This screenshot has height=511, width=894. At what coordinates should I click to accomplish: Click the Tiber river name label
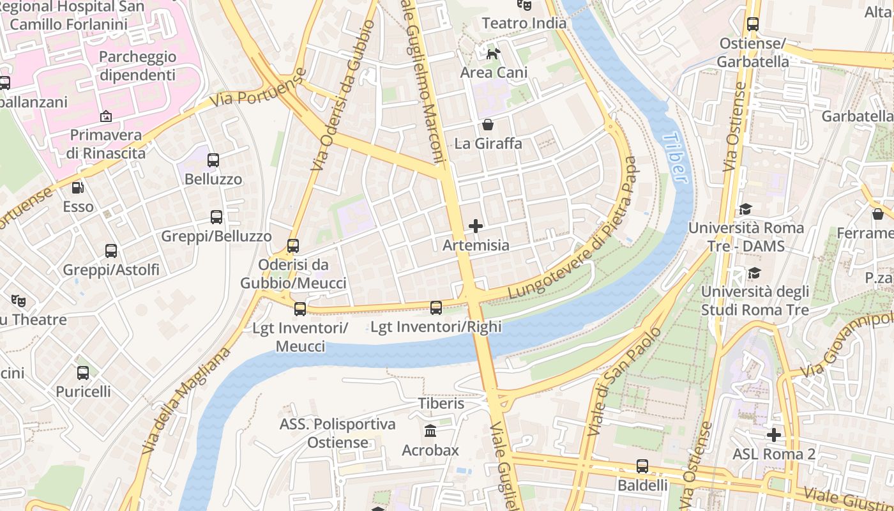pyautogui.click(x=676, y=157)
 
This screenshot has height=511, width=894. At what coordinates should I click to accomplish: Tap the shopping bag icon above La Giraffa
pyautogui.click(x=488, y=125)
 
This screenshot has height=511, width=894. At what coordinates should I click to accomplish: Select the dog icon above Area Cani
pyautogui.click(x=493, y=54)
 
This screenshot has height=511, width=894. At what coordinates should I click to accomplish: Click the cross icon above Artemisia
pyautogui.click(x=476, y=226)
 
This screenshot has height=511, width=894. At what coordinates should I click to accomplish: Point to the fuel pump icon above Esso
pyautogui.click(x=77, y=188)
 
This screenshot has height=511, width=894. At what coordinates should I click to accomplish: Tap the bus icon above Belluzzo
pyautogui.click(x=213, y=160)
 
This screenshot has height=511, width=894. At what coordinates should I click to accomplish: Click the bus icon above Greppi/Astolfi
pyautogui.click(x=111, y=251)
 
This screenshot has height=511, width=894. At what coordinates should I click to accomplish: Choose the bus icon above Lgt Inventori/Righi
pyautogui.click(x=436, y=308)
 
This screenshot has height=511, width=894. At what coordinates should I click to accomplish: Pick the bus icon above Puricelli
pyautogui.click(x=83, y=373)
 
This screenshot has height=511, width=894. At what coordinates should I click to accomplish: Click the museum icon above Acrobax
pyautogui.click(x=430, y=431)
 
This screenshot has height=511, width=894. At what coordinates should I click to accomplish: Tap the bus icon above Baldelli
pyautogui.click(x=642, y=466)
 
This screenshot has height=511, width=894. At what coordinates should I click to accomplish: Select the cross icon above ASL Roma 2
pyautogui.click(x=774, y=435)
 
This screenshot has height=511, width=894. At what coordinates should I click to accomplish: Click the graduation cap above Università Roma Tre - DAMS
pyautogui.click(x=745, y=209)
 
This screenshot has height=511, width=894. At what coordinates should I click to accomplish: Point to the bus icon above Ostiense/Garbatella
pyautogui.click(x=753, y=24)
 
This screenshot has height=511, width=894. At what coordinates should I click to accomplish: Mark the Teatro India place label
pyautogui.click(x=524, y=24)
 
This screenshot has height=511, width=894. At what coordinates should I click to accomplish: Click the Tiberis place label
pyautogui.click(x=441, y=404)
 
